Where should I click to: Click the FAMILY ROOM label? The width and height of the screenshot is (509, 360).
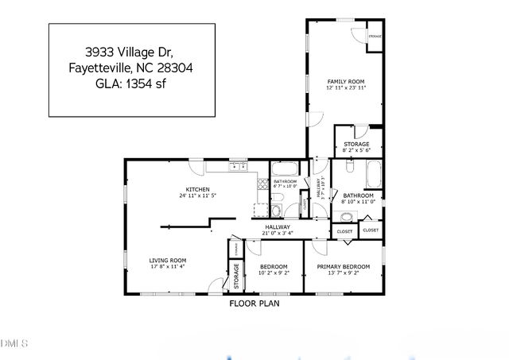pos(345,82)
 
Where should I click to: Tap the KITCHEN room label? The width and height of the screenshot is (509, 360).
pos(198,188)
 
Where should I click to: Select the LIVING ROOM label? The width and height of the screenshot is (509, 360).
pos(168,260)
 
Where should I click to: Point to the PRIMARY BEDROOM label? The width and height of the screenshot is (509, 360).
pos(343,266)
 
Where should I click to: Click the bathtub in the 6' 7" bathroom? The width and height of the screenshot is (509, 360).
pos(284,168)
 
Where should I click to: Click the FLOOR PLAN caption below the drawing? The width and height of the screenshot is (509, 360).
pos(254,303)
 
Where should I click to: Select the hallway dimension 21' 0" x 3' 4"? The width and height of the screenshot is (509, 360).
pos(278,234)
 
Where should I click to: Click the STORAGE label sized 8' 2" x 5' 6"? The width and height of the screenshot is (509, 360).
pos(356,144)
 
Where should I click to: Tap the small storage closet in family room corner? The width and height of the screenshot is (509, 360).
pos(374,37)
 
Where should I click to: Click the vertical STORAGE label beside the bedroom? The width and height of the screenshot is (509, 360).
pos(236,275)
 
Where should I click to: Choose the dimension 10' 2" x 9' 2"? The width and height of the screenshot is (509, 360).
pos(274,273)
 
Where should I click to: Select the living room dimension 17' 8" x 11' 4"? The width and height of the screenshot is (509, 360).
pos(168,267)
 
